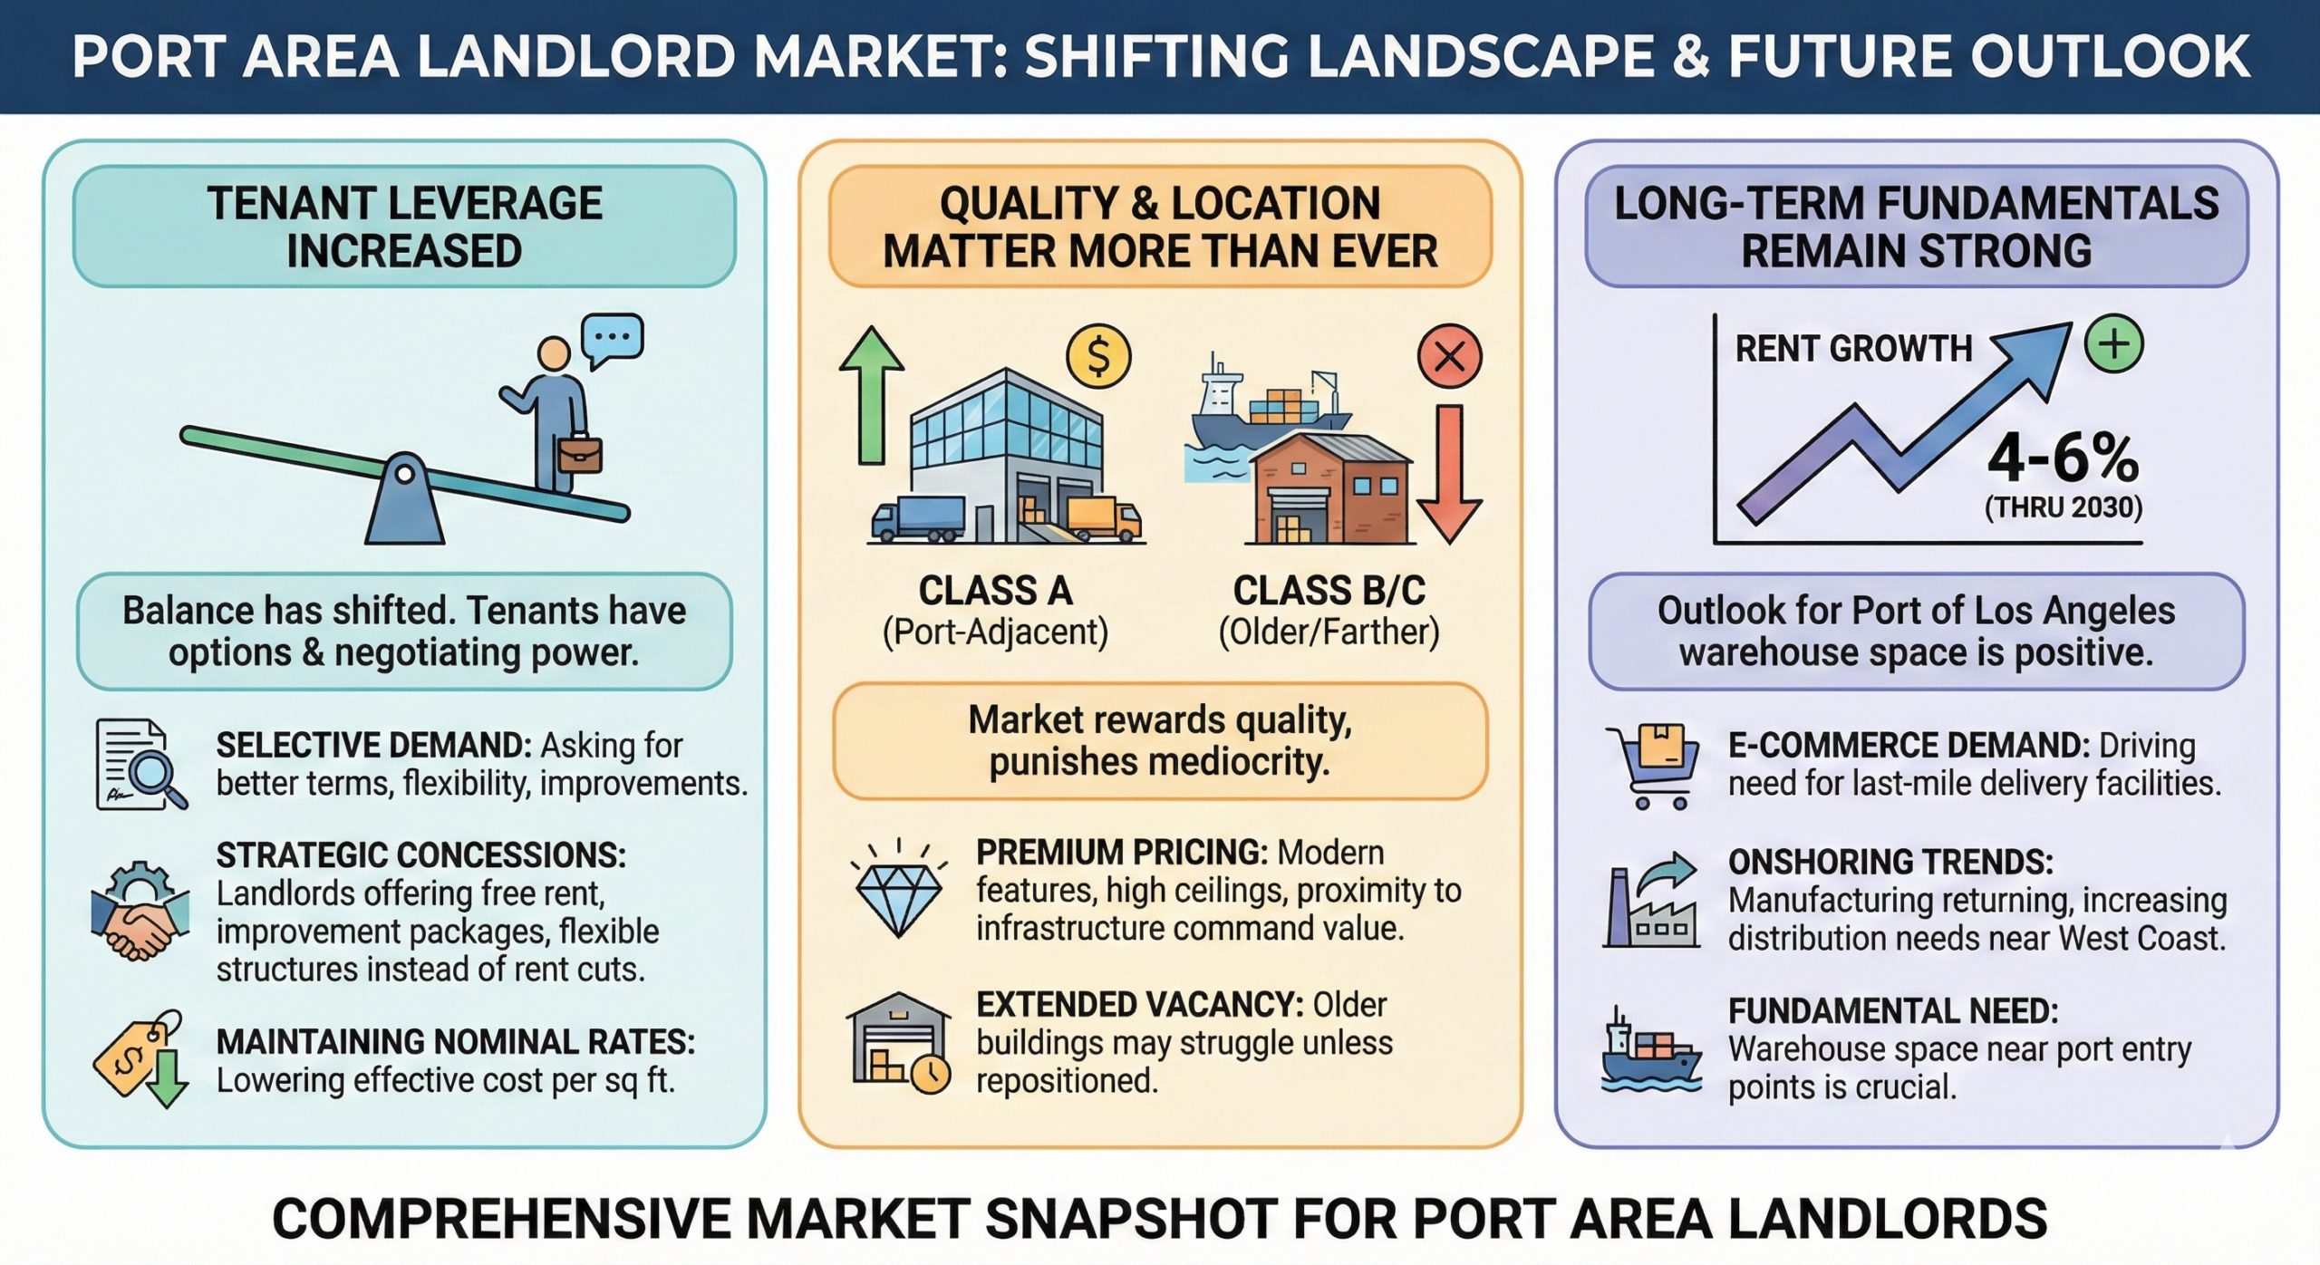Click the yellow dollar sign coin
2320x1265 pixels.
coord(1097,356)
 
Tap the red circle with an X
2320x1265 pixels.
coord(1449,356)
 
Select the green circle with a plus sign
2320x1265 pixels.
coord(2113,344)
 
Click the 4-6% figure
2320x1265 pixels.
coord(2063,459)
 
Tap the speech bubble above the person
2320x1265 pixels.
coord(613,339)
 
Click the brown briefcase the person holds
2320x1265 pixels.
coord(580,455)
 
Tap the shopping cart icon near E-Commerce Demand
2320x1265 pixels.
coord(1649,765)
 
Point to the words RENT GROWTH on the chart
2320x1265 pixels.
coord(1853,349)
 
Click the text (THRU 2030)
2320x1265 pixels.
coord(2063,507)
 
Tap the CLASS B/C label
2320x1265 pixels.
coord(1329,592)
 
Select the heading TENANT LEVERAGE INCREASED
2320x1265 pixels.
coord(404,227)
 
